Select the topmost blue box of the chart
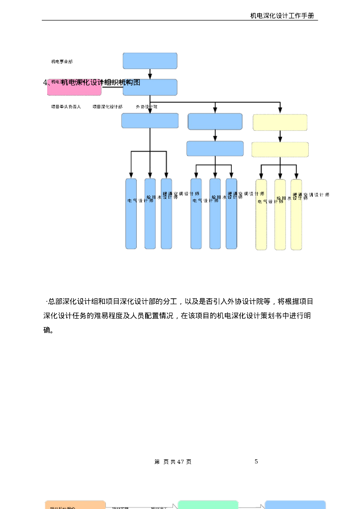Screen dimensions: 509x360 [x=150, y=61]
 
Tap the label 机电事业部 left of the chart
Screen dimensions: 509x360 [x=62, y=62]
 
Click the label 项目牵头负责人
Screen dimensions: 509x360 [x=66, y=107]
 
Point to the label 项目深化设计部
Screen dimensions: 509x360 [x=107, y=107]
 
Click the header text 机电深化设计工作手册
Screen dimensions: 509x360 [x=282, y=16]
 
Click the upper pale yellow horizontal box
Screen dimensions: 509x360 [x=280, y=122]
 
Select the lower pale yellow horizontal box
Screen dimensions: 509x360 [x=280, y=149]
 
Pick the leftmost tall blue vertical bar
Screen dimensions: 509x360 [x=131, y=214]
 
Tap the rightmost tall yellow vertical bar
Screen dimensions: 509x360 [x=296, y=215]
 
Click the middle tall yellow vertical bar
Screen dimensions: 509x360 [x=280, y=215]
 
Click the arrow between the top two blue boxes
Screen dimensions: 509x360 [x=150, y=74]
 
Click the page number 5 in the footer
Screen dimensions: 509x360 [x=256, y=462]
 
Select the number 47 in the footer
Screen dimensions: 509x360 [x=181, y=462]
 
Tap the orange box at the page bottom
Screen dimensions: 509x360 [x=75, y=505]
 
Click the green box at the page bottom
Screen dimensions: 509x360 [x=208, y=505]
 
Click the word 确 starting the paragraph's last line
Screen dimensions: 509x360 [x=47, y=330]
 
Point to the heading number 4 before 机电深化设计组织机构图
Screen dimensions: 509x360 [x=45, y=83]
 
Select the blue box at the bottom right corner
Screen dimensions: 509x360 [x=295, y=505]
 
